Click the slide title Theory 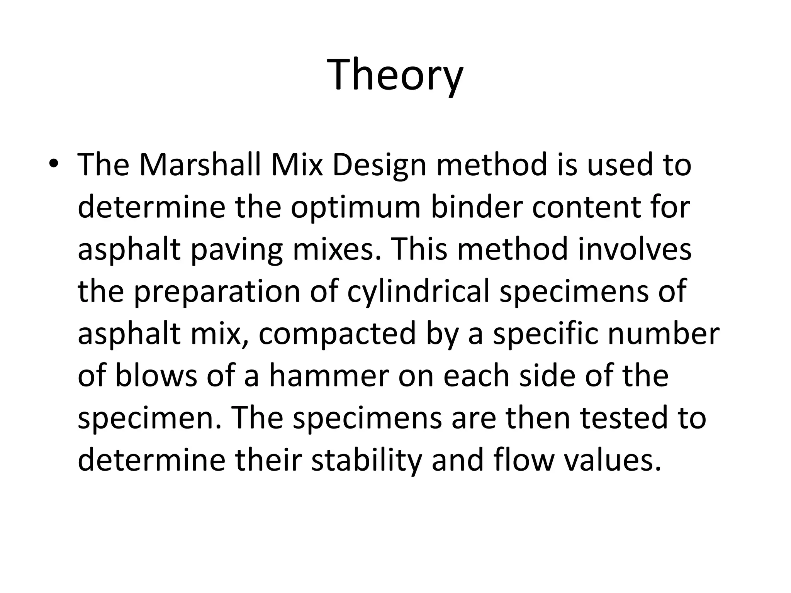click(395, 74)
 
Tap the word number click(664, 334)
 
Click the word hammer click(329, 376)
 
